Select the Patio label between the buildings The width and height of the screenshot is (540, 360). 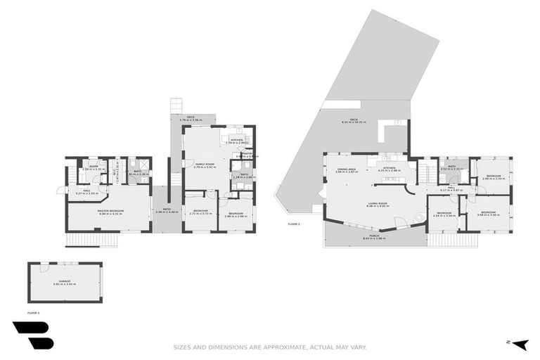pos(167,210)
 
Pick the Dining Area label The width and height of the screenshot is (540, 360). pos(346,168)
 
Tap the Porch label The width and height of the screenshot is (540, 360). pos(375,236)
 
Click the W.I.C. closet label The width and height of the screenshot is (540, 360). pos(117,170)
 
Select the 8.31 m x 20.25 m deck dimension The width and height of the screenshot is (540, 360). pos(354,123)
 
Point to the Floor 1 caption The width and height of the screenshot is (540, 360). pos(33,311)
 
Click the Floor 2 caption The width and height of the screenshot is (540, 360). pos(294,224)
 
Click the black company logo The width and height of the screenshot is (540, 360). pos(32,335)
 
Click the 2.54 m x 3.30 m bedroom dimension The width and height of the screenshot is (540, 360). pos(443,215)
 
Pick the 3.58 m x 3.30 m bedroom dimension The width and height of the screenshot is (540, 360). pos(489,214)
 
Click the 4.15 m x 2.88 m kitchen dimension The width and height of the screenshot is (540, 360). pos(390,171)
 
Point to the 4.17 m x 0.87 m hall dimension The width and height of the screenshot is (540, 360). pos(449,191)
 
